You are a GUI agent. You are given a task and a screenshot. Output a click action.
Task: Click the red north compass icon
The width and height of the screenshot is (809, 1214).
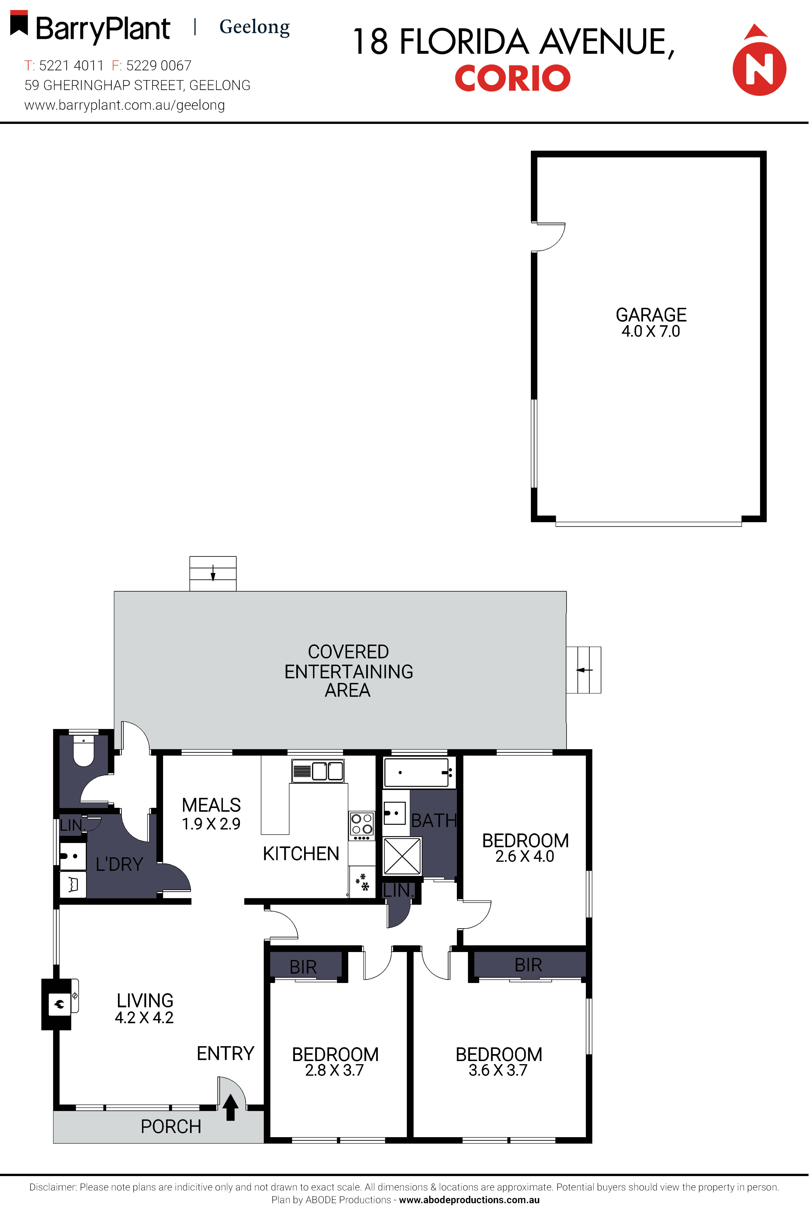pos(759,67)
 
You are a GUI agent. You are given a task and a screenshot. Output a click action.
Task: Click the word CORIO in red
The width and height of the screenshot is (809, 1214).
pos(512,78)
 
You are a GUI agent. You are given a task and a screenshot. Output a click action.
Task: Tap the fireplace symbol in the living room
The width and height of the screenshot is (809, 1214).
pos(59,1004)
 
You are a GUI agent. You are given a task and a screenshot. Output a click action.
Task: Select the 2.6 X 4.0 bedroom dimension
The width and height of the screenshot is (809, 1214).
pos(525,857)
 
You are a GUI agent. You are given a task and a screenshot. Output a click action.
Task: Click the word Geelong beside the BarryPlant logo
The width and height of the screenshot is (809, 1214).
pos(254,27)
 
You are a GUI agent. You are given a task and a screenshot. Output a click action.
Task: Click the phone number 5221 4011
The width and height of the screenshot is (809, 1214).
pos(71,66)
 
